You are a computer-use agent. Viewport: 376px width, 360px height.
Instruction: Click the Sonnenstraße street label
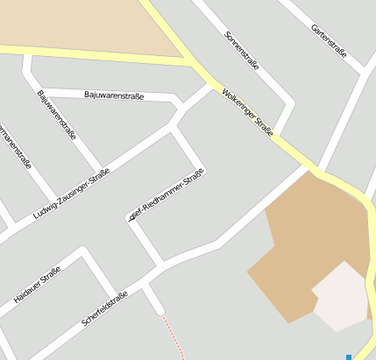[x=241, y=52]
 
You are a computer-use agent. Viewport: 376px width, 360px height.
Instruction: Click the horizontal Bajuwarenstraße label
[x=114, y=94]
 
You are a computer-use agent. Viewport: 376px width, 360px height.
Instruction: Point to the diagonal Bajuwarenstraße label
[x=57, y=115]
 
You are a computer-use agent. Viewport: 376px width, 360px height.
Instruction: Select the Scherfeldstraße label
[x=104, y=307]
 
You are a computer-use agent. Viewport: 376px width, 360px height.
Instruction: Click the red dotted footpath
[x=173, y=336]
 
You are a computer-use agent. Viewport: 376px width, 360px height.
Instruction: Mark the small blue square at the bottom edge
[x=349, y=356]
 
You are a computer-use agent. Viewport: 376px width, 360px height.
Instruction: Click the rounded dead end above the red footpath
[x=159, y=308]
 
